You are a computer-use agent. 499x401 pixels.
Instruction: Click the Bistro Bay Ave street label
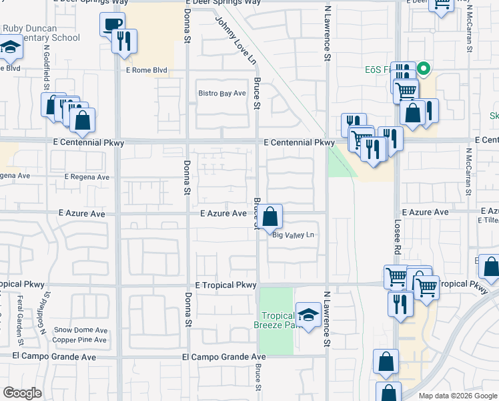click(222, 93)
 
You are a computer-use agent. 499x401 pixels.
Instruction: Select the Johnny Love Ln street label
click(235, 41)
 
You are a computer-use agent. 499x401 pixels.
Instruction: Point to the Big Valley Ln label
click(293, 235)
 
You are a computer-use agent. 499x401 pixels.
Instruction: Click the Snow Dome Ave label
click(81, 330)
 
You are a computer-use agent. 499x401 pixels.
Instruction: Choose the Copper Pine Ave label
click(81, 340)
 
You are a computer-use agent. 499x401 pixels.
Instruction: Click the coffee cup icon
click(112, 25)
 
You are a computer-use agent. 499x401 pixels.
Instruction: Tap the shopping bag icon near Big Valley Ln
click(270, 217)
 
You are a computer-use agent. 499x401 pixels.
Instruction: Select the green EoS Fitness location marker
click(422, 69)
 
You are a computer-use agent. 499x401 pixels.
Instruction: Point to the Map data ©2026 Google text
click(457, 396)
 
